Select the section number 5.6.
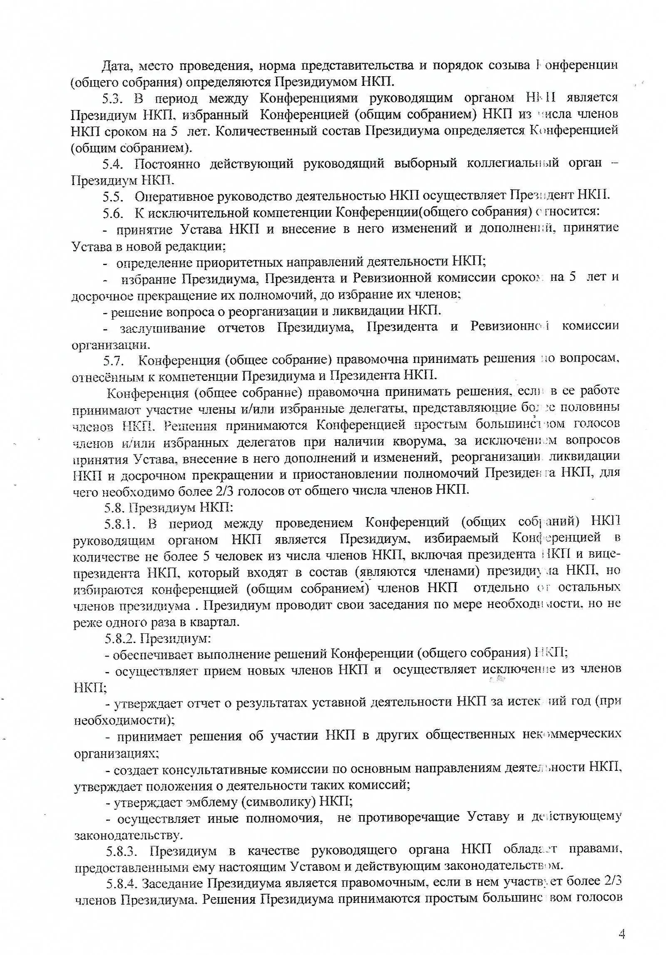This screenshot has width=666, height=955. click(x=113, y=213)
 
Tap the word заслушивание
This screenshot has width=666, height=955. click(x=163, y=328)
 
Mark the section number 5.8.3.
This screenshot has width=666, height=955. click(x=122, y=850)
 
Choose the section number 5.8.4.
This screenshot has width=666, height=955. click(x=123, y=883)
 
